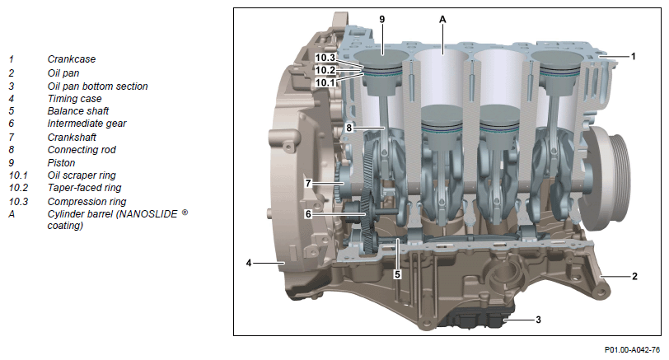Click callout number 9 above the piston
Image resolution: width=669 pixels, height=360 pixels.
[x=381, y=19]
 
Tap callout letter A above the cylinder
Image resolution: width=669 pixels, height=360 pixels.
[x=442, y=19]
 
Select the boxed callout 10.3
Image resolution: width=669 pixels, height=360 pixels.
[x=325, y=58]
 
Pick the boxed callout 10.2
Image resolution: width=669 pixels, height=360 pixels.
[x=325, y=70]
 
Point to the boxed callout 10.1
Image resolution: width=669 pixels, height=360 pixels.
[x=325, y=82]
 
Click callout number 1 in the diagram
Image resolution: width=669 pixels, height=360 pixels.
[x=633, y=56]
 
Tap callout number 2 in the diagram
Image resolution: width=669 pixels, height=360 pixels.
[x=634, y=277]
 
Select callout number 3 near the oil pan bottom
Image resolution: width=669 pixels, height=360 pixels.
[x=538, y=320]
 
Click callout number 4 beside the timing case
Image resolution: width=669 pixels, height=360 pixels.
[x=249, y=263]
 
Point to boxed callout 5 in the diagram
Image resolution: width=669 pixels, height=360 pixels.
[x=397, y=274]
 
